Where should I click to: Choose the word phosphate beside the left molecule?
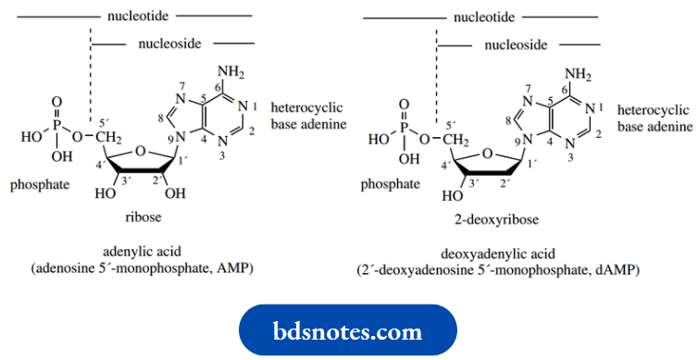(40, 185)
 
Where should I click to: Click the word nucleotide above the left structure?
(137, 16)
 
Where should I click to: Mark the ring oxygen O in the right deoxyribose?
(487, 151)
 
